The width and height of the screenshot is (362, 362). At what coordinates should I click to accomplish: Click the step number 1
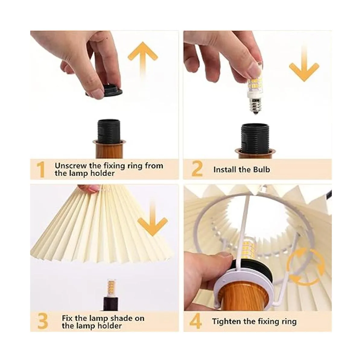coord(41,169)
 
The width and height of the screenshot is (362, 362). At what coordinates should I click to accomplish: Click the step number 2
coord(197,169)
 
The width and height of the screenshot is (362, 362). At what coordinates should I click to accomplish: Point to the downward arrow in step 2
coord(304,64)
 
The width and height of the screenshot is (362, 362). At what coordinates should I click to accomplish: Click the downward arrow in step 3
coord(153,220)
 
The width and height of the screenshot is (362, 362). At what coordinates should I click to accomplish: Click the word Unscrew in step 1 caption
coord(71,166)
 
